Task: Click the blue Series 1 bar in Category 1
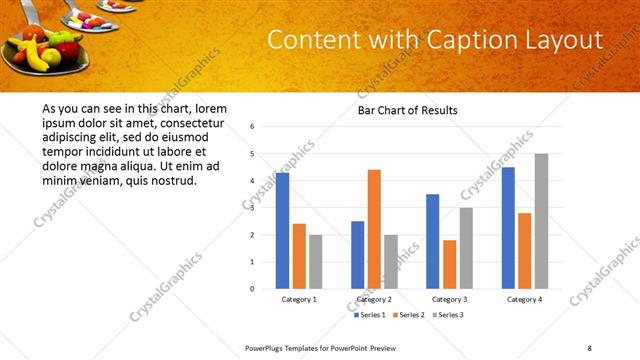click(282, 231)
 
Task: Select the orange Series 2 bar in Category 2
click(374, 230)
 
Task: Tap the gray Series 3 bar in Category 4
click(541, 221)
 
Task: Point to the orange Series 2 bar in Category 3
click(449, 265)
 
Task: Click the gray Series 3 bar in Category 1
click(315, 262)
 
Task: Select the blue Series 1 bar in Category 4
click(508, 228)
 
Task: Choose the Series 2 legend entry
click(409, 315)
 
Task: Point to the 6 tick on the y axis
click(253, 127)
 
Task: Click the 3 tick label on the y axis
click(253, 208)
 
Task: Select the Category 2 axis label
click(374, 299)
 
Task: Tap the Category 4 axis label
click(524, 299)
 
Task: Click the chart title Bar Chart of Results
click(407, 110)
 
